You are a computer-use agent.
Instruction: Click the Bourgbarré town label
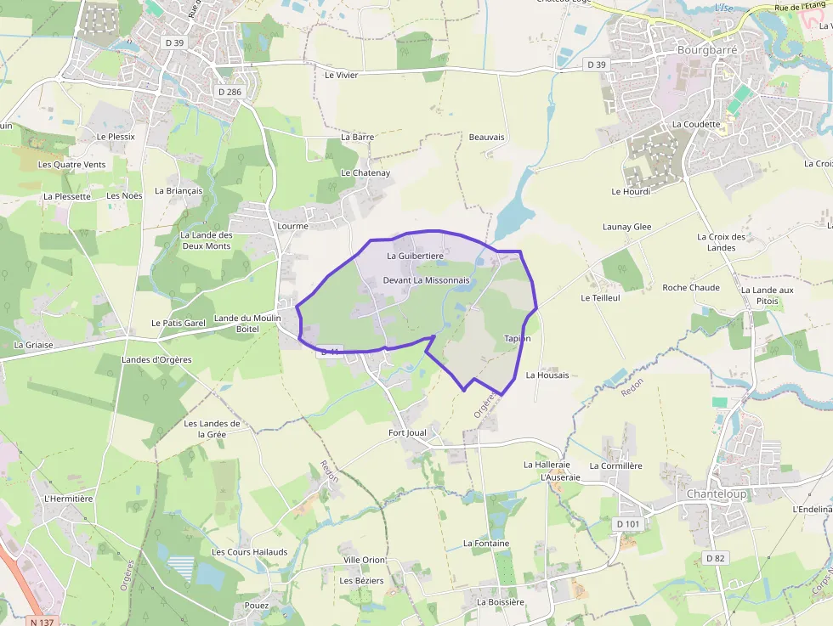(x=707, y=50)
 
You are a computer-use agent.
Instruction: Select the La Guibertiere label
(x=415, y=256)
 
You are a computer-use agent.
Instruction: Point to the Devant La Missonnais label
(x=426, y=280)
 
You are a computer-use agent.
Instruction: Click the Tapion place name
(x=517, y=338)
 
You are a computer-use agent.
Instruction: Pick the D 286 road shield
(x=230, y=91)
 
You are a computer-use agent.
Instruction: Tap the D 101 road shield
(x=627, y=524)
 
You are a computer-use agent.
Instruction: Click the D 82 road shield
(x=716, y=558)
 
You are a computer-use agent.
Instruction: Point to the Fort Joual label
(x=407, y=433)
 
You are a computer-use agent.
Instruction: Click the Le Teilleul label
(x=600, y=299)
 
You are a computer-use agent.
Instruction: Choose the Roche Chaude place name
(x=691, y=288)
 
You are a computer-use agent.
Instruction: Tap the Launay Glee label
(x=626, y=228)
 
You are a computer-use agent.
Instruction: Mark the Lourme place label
(x=292, y=227)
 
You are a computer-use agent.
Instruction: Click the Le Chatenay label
(x=365, y=173)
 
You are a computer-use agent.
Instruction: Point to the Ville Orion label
(x=364, y=561)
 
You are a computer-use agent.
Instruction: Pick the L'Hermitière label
(x=67, y=499)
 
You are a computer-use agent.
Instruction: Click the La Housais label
(x=547, y=375)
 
